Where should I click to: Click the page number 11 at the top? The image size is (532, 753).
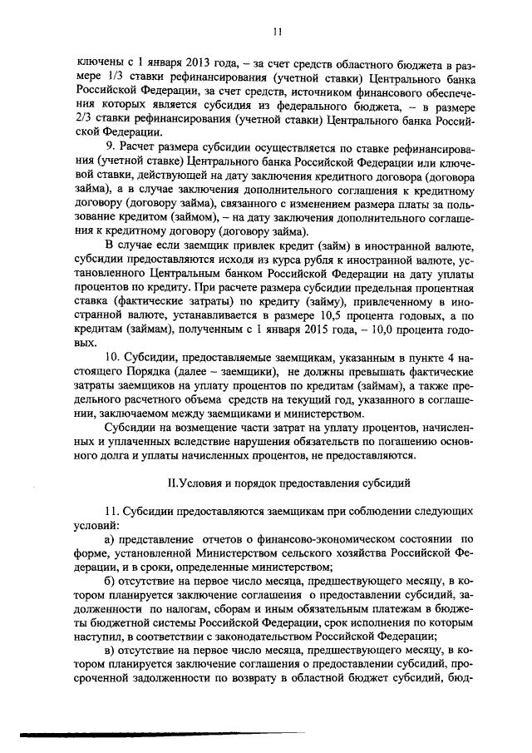pos(278,31)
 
